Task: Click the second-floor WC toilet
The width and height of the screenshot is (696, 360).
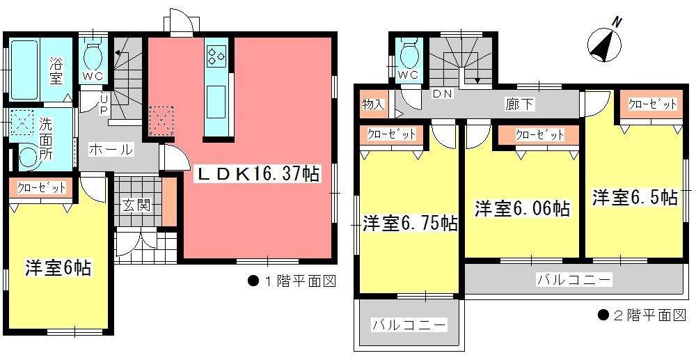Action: coord(409,54)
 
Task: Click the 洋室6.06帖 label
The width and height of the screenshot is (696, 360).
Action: coord(522,208)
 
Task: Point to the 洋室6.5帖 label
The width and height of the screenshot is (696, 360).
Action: coord(635,197)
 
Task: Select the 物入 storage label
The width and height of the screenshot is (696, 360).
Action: coord(373,105)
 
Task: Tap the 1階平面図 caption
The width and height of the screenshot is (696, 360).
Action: coord(292,282)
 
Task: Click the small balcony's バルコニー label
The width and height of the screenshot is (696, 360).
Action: coord(408,325)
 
